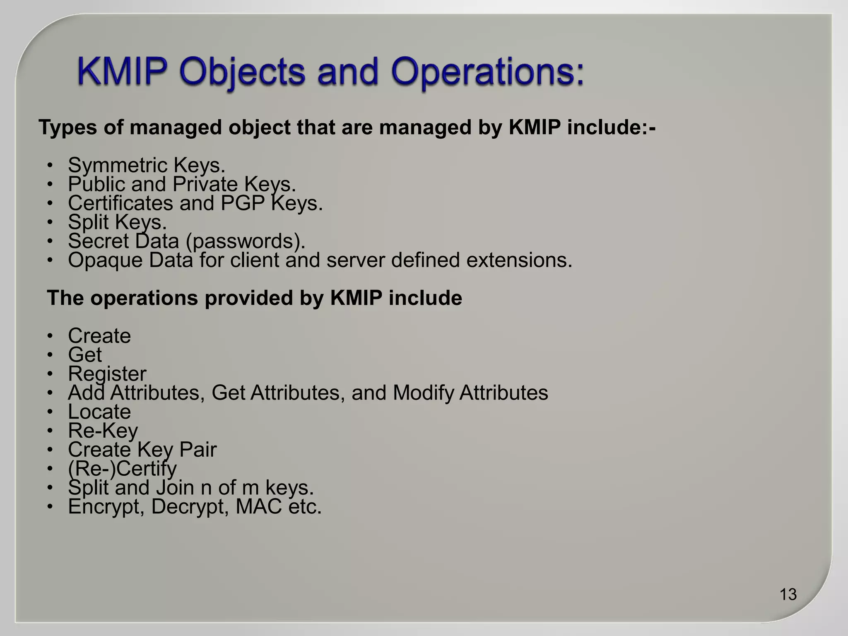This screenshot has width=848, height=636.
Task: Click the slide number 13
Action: pos(788,594)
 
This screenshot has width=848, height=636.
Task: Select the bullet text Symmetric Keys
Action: pos(147,165)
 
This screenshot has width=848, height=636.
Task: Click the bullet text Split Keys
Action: pos(117,222)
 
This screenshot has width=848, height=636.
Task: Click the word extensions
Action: pos(519,260)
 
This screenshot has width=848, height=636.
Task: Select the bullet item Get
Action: pos(85,355)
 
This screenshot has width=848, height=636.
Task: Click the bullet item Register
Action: pos(107,374)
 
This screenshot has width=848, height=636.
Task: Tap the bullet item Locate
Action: pos(99,412)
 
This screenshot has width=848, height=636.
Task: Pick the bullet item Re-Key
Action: pos(103,431)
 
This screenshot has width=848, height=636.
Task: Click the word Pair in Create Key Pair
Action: pos(198,450)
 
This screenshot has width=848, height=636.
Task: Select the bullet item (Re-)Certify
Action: pos(122,469)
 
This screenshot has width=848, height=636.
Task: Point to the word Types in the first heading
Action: pos(67,127)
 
